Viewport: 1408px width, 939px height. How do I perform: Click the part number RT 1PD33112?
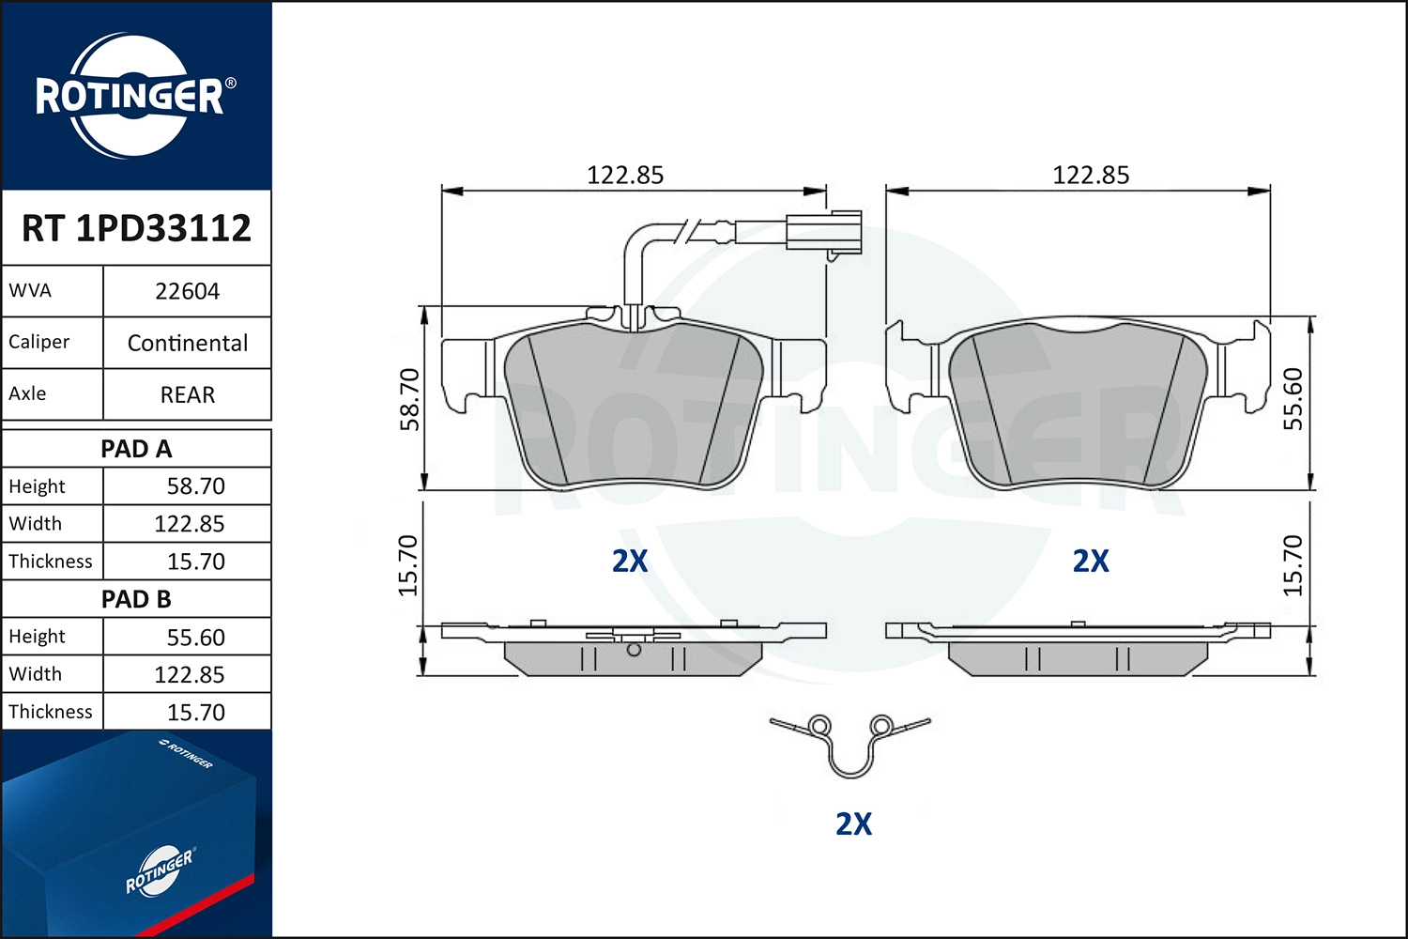tap(136, 228)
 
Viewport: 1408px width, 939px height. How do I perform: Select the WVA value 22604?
tap(187, 291)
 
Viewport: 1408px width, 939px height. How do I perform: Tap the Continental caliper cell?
tap(187, 343)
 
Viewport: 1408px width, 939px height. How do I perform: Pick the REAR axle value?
tap(187, 394)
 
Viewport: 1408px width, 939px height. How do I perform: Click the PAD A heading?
tap(136, 449)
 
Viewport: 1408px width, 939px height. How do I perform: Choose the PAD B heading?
tap(136, 599)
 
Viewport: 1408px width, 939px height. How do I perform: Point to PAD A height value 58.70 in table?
tap(195, 486)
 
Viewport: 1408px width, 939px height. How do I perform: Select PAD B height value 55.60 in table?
tap(195, 638)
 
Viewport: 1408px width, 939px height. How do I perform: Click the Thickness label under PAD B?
tap(51, 712)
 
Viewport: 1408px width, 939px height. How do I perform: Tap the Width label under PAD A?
tap(36, 524)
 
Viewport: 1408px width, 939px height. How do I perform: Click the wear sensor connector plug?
tap(823, 231)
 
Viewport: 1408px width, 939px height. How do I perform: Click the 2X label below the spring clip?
tap(853, 824)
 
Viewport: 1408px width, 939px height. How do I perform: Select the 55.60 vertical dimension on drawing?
tap(1293, 399)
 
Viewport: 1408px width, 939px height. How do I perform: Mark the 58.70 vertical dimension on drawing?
tap(410, 399)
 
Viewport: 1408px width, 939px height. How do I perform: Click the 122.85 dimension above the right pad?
tap(1091, 176)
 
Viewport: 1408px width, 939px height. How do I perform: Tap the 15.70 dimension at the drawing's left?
tap(408, 565)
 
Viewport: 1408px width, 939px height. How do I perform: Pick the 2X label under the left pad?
tap(630, 562)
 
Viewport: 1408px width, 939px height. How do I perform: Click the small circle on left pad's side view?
tap(634, 649)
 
